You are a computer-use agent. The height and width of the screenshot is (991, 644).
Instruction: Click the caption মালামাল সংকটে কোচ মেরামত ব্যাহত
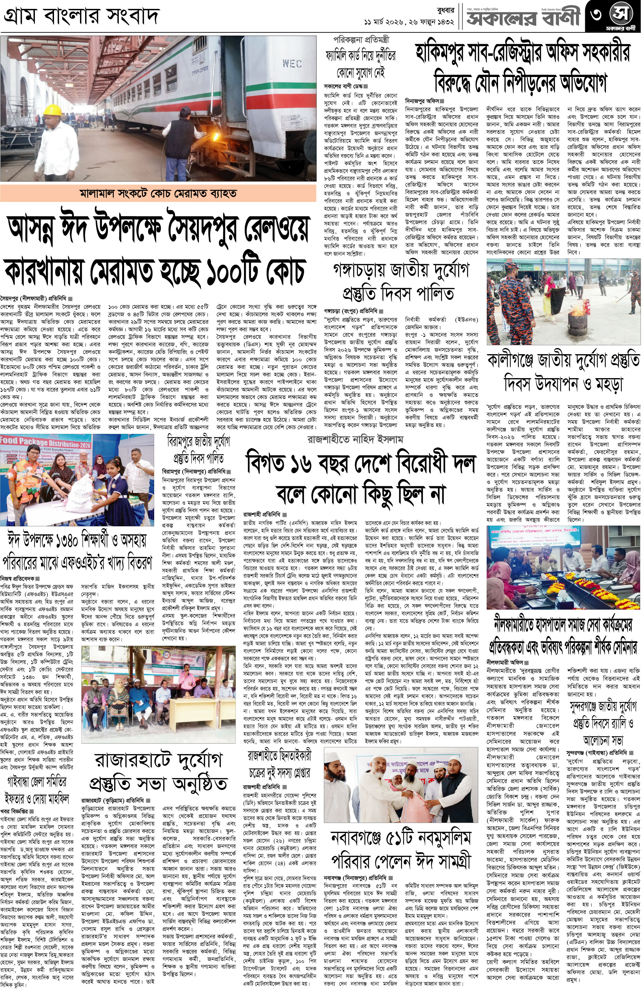coord(158,194)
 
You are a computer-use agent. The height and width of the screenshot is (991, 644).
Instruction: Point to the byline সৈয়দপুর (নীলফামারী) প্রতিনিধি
coord(34,298)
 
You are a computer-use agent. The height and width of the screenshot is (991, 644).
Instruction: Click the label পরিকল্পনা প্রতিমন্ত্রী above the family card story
coord(361,40)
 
